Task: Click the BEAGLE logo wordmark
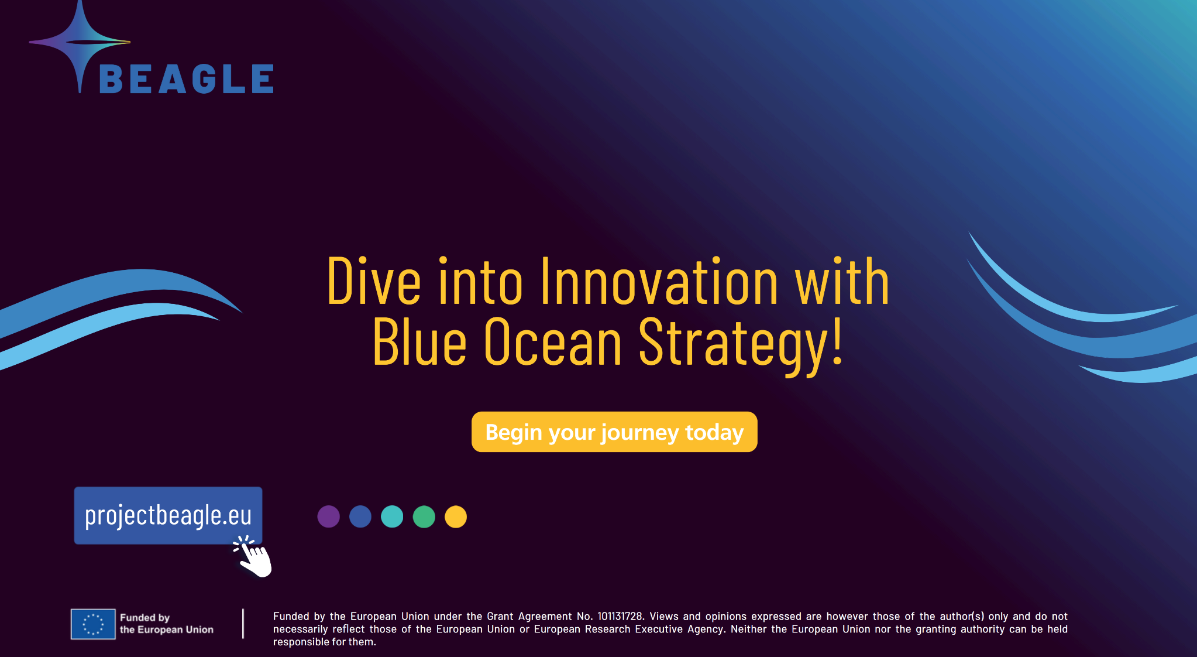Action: [x=187, y=79]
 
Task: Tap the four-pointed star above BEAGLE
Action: [x=80, y=42]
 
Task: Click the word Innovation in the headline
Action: [x=659, y=282]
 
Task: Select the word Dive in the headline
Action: [x=374, y=282]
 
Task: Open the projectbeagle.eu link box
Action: [x=168, y=515]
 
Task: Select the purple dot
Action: [x=328, y=516]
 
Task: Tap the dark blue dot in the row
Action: [x=360, y=516]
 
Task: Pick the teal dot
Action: [x=392, y=516]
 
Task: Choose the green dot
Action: [x=424, y=516]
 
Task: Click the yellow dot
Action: [x=456, y=516]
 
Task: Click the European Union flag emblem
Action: [x=93, y=624]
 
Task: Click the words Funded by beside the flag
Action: [x=145, y=618]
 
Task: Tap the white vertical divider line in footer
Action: [x=243, y=624]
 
